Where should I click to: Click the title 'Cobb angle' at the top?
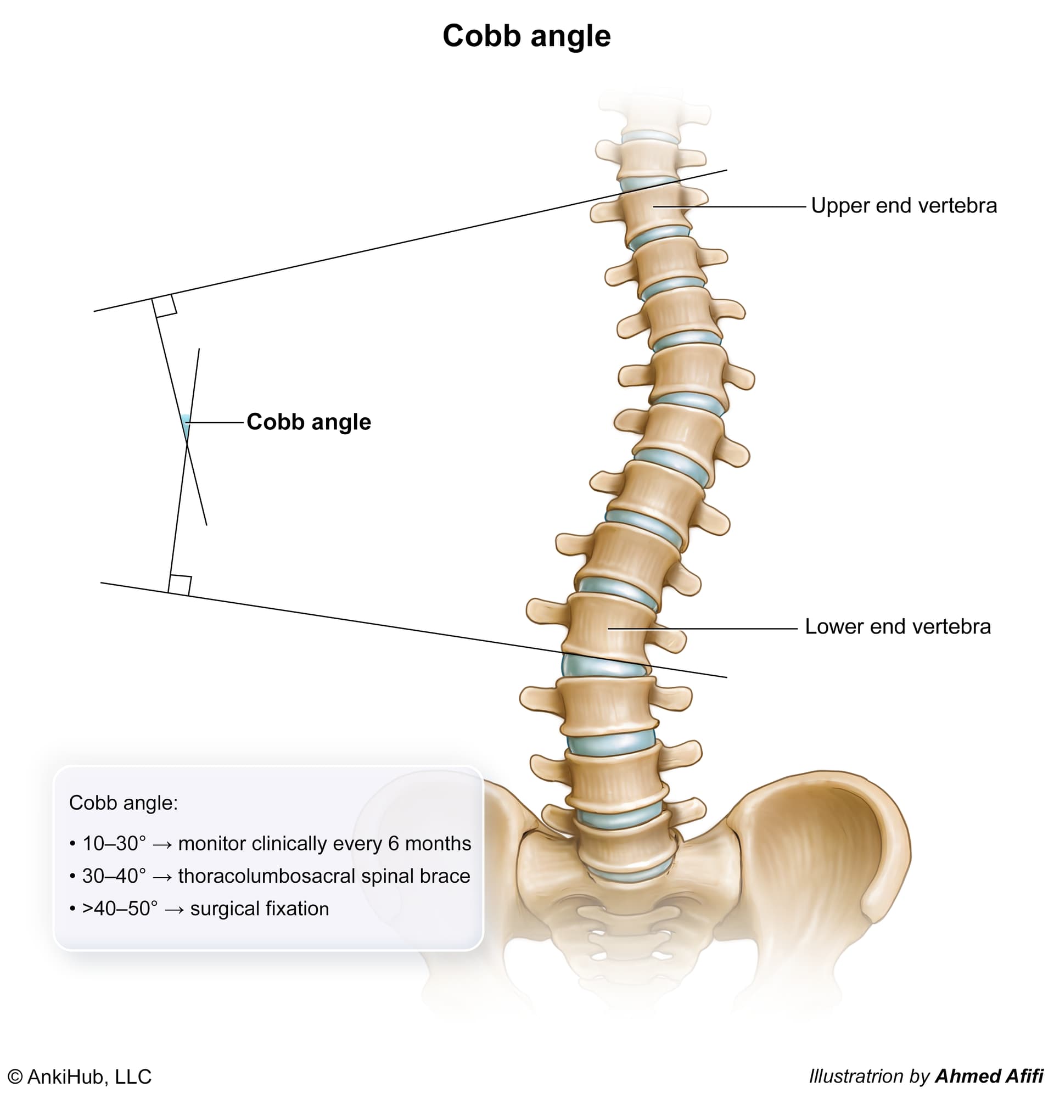(x=526, y=37)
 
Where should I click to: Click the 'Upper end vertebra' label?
(x=904, y=206)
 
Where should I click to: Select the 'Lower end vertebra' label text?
(x=897, y=626)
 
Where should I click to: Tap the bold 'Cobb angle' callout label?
(x=309, y=422)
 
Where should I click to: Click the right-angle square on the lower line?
(x=180, y=584)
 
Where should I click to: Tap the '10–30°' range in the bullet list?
(x=114, y=843)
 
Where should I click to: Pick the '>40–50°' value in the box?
(x=120, y=909)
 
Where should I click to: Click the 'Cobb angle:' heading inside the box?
(x=123, y=803)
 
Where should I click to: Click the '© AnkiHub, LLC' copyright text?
(x=79, y=1077)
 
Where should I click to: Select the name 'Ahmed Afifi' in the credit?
(x=988, y=1076)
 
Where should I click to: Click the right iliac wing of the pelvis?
(x=820, y=843)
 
